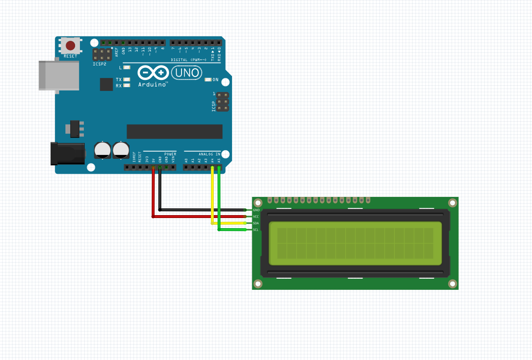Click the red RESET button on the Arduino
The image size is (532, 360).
(x=70, y=46)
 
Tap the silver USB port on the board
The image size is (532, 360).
(x=59, y=75)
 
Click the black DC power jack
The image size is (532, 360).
(x=67, y=154)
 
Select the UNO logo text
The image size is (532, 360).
(x=186, y=73)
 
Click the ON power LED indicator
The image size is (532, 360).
(x=208, y=79)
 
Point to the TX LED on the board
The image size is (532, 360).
(x=127, y=79)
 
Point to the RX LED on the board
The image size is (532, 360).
(x=127, y=86)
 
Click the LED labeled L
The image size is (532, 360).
(x=127, y=68)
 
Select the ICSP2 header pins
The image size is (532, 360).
(x=102, y=54)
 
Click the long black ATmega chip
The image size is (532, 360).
(x=174, y=131)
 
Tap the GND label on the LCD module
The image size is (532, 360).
(x=256, y=210)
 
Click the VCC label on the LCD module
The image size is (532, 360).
(x=256, y=217)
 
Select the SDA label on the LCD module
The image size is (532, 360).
(x=256, y=223)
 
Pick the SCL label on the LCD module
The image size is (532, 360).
(x=256, y=230)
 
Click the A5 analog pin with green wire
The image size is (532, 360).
(x=219, y=167)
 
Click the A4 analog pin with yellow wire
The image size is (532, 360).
(x=212, y=167)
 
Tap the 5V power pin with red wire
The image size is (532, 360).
(x=153, y=167)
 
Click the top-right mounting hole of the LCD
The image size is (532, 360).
(x=452, y=203)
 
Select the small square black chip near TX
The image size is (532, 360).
(x=106, y=84)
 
